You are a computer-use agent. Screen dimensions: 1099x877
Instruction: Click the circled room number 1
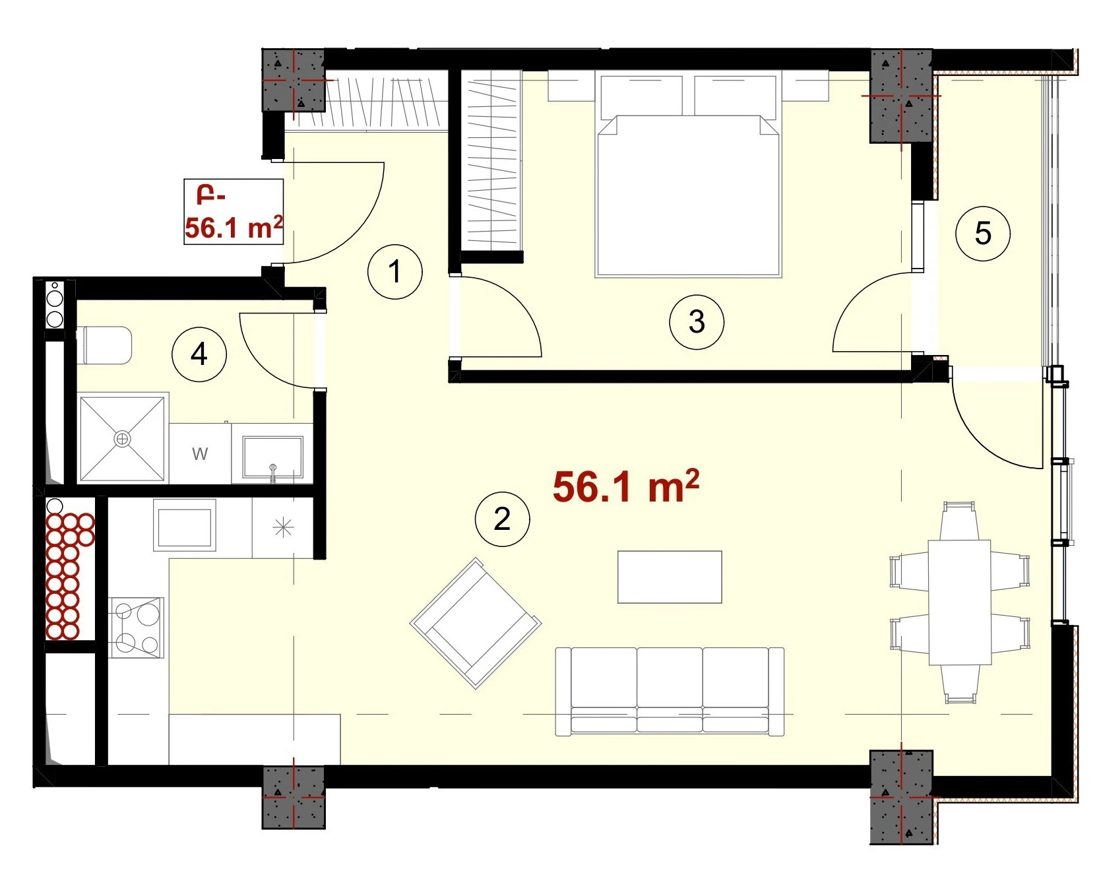tap(395, 272)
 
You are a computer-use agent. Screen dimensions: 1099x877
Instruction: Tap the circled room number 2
tap(503, 519)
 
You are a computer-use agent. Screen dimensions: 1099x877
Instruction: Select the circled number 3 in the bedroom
tap(697, 322)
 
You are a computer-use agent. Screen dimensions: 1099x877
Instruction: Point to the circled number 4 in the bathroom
tap(199, 354)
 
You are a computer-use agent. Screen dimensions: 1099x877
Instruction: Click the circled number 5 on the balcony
tap(983, 234)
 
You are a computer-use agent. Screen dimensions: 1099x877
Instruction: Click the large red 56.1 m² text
tap(626, 486)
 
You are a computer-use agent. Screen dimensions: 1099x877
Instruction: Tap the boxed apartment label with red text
tap(234, 212)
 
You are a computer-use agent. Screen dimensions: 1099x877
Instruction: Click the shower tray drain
tap(123, 439)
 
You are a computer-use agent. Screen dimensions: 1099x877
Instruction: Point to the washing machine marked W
tap(200, 453)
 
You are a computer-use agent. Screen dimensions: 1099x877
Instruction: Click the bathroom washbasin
tap(272, 456)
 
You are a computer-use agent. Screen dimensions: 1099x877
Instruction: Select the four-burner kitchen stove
tap(137, 628)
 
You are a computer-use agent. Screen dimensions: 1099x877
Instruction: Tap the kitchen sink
tap(185, 525)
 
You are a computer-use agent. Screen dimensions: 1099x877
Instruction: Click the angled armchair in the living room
tap(476, 623)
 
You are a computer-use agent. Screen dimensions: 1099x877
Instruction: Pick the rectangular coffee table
tap(670, 577)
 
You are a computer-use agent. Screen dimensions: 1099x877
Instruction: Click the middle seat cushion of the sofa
tap(670, 690)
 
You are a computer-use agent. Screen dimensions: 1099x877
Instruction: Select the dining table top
tap(960, 602)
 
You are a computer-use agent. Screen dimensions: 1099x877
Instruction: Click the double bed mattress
tap(688, 196)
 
